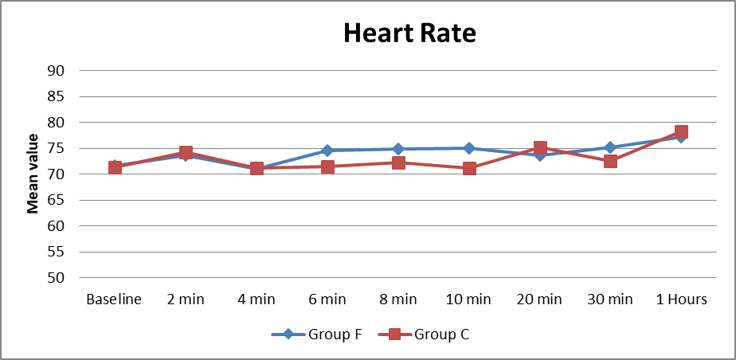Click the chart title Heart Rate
(409, 33)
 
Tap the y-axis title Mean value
(33, 174)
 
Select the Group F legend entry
(317, 335)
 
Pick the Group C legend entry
(427, 335)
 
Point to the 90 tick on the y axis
(57, 70)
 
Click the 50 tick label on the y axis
(57, 278)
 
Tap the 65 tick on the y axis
(57, 200)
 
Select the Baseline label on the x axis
(114, 299)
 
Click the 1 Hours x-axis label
(681, 299)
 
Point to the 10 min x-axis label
(469, 299)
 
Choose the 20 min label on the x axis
(540, 299)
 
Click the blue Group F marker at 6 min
(327, 151)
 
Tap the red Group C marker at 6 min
(327, 166)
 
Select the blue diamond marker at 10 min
(469, 148)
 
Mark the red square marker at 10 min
(469, 168)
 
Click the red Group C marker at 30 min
(610, 161)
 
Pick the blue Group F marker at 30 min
(610, 147)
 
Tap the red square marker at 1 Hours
(681, 131)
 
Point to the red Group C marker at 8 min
(398, 162)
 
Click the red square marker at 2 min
(186, 152)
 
